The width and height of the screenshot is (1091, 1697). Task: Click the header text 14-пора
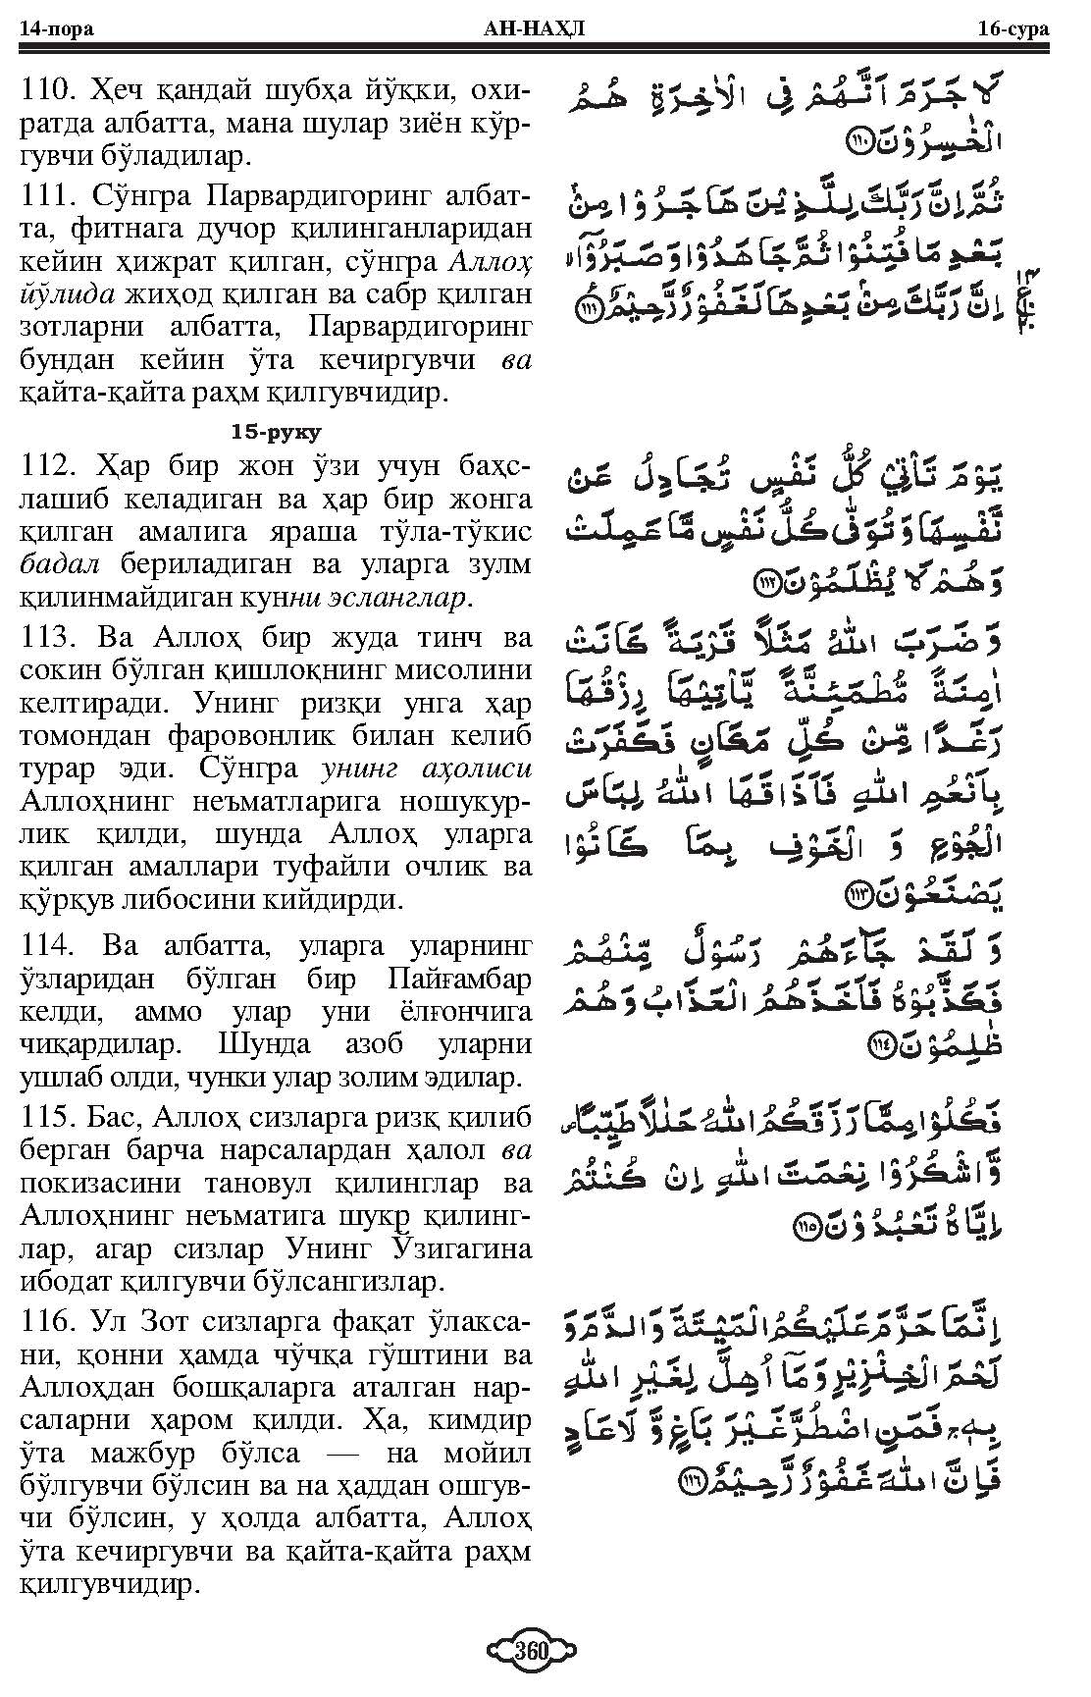tap(56, 28)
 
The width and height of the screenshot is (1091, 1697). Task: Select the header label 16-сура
tap(1013, 28)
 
